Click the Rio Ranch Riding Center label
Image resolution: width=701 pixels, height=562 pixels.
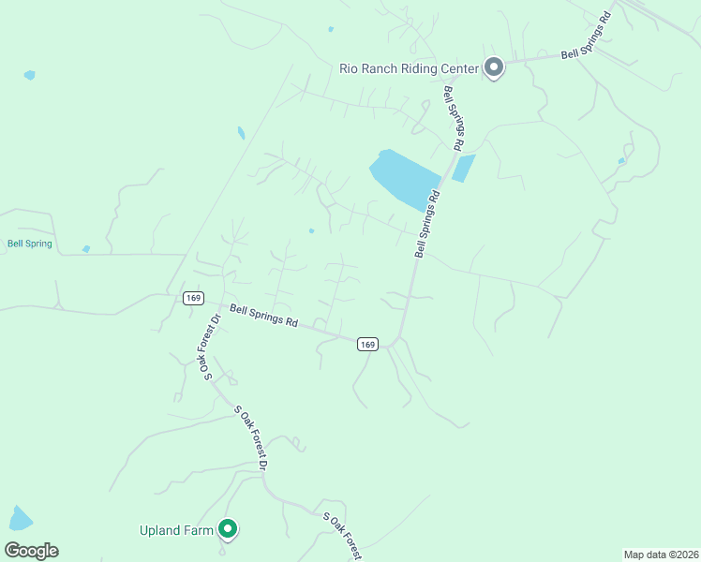(408, 68)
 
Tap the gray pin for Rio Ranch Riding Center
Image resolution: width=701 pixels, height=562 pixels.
(493, 67)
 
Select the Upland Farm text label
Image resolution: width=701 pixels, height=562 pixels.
(176, 531)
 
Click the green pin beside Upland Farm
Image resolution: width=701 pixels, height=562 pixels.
(228, 530)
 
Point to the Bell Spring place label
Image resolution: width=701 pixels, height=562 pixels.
(30, 244)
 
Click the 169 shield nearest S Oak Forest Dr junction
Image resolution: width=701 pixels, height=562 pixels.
(193, 298)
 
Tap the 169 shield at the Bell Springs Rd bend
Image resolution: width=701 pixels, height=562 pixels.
(367, 345)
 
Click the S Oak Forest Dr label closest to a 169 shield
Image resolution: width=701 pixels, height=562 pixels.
(210, 347)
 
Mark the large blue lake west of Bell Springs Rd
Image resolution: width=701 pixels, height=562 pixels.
(405, 178)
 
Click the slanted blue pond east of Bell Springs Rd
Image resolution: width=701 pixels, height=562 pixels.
(463, 169)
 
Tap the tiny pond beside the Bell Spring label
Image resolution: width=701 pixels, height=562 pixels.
(86, 249)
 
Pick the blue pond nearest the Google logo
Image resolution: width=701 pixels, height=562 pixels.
(20, 518)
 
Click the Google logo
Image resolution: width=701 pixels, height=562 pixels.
(32, 551)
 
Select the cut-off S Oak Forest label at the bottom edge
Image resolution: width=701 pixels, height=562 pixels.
(343, 535)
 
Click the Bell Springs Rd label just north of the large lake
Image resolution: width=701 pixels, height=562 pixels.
(454, 119)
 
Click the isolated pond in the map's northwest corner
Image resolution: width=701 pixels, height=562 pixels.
(30, 75)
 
